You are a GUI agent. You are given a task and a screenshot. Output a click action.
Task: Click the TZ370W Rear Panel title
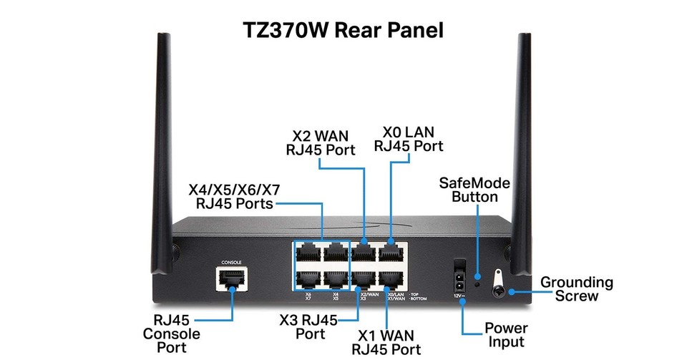(343, 30)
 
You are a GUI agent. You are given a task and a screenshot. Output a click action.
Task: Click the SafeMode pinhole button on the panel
(477, 283)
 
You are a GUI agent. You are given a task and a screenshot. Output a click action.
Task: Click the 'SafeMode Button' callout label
(474, 190)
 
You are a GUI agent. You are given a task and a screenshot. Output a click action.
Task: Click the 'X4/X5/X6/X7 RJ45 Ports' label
(233, 197)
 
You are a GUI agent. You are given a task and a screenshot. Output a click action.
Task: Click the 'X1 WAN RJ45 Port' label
(386, 341)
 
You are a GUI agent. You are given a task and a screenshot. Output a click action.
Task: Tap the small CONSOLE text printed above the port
(232, 262)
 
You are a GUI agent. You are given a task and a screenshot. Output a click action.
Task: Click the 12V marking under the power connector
(458, 296)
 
